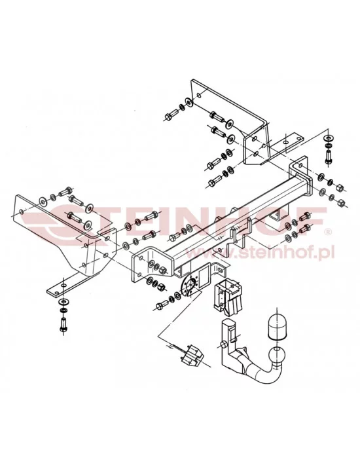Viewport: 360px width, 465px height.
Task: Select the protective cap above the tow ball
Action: pos(276,326)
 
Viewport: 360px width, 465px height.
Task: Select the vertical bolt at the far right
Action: pos(329,156)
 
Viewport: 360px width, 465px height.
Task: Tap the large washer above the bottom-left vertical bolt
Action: pos(63,302)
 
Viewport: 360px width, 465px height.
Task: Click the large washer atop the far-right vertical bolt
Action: pos(329,138)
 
